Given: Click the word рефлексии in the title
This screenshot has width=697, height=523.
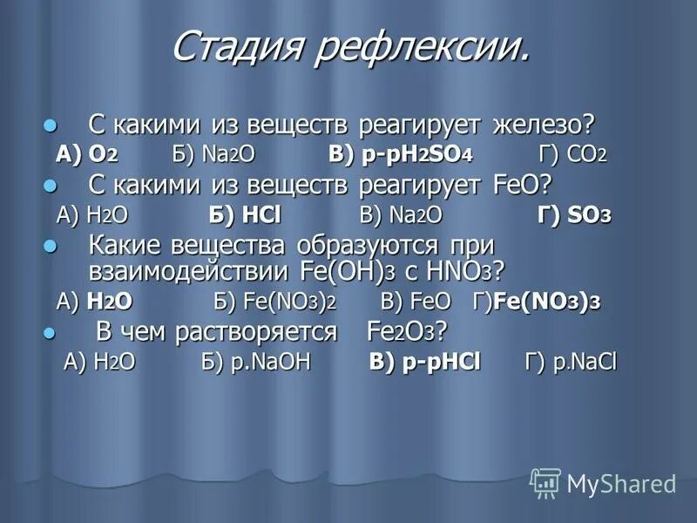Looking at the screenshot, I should (x=422, y=48).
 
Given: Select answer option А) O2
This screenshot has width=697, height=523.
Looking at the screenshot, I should (x=88, y=154).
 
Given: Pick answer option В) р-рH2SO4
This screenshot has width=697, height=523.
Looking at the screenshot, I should (x=401, y=154).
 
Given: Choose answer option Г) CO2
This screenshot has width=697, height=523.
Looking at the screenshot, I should (x=574, y=154).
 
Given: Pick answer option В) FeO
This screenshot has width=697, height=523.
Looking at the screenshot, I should (x=416, y=302).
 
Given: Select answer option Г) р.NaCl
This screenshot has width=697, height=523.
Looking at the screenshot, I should (x=571, y=363).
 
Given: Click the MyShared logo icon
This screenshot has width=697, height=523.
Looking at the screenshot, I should (x=545, y=482).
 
